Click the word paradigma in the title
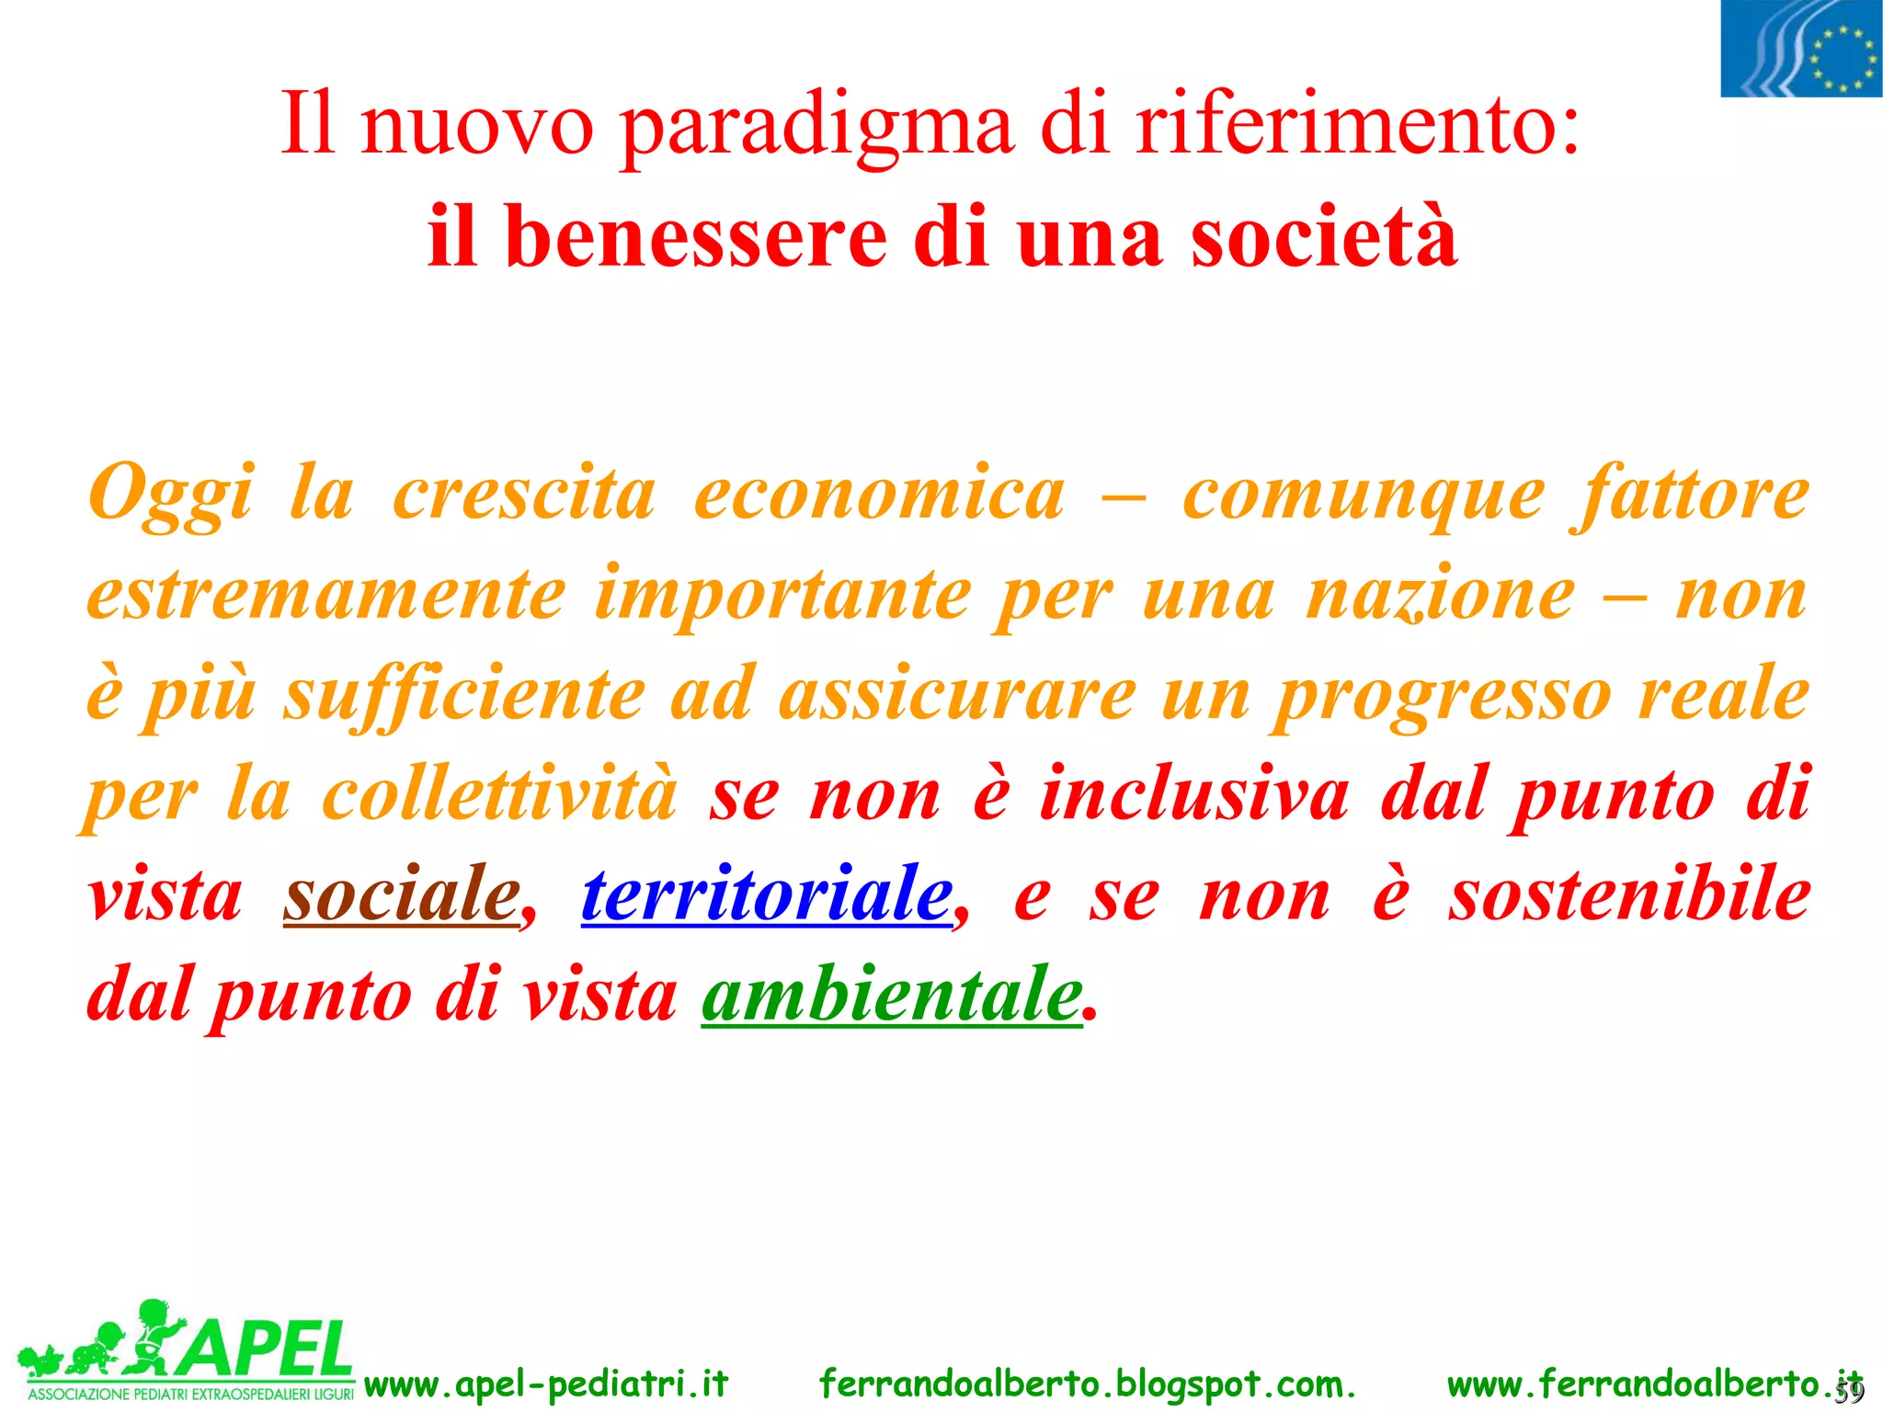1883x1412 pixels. tap(816, 127)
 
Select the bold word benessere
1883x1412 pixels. tap(696, 237)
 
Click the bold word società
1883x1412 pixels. tap(1324, 237)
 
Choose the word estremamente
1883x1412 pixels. tap(326, 595)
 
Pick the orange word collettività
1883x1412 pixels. tap(500, 794)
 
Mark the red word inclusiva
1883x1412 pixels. tap(1194, 794)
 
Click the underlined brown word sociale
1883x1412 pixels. tap(402, 894)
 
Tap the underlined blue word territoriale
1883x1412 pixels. tap(768, 894)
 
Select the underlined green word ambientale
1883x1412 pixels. tap(892, 995)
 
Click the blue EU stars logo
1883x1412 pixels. tap(1801, 49)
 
